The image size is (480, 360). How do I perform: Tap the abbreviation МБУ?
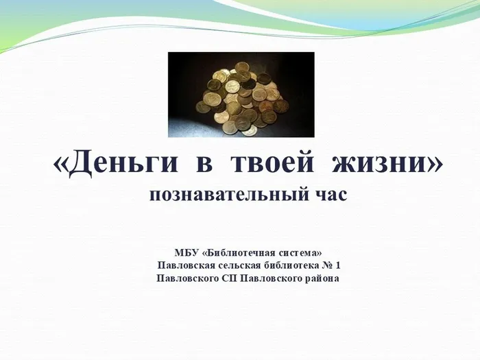tap(187, 253)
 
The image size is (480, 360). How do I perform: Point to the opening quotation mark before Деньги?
tap(61, 165)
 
